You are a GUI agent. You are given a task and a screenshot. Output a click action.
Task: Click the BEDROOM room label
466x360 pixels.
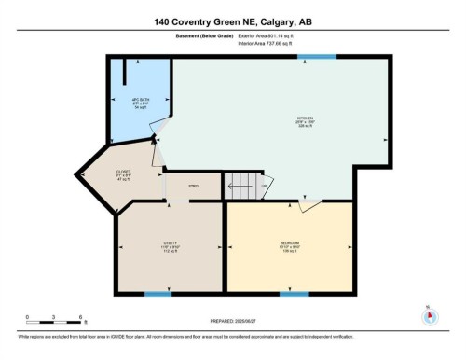pos(289,247)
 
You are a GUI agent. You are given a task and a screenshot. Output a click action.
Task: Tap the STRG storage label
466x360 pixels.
pos(194,187)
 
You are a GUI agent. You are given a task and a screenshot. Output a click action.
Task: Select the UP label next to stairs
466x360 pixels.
pos(264,185)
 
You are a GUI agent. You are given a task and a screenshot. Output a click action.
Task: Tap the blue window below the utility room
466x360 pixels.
pos(158,294)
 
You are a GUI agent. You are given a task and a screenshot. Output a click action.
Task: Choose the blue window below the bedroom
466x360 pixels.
pos(294,294)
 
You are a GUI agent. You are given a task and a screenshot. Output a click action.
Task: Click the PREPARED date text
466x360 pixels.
pos(233,324)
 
